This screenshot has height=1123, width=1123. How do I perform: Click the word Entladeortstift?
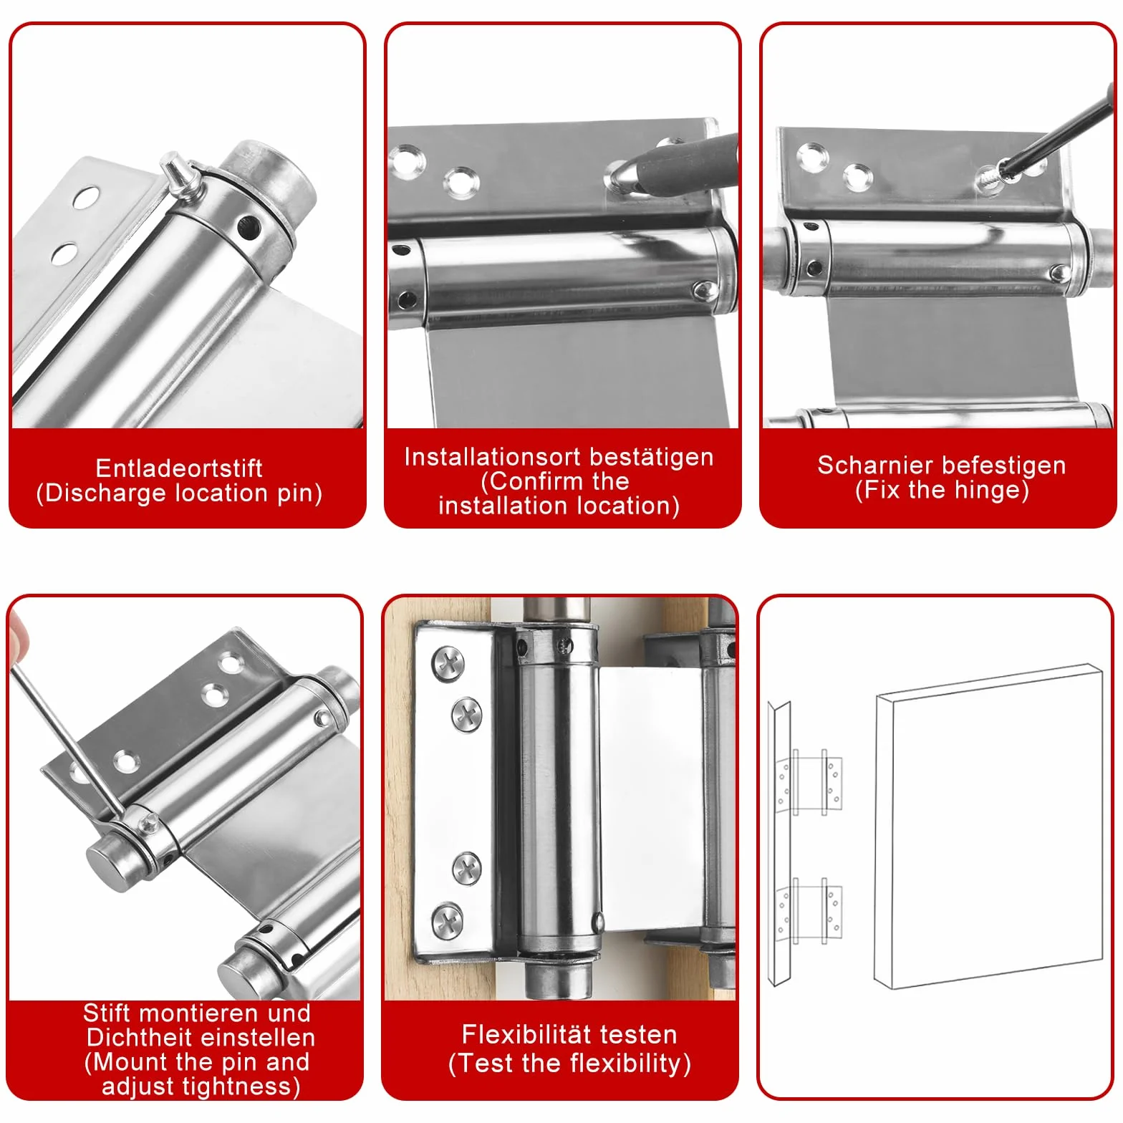179,468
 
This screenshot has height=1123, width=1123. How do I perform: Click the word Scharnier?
866,465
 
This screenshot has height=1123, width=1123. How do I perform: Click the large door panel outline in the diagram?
988,827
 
